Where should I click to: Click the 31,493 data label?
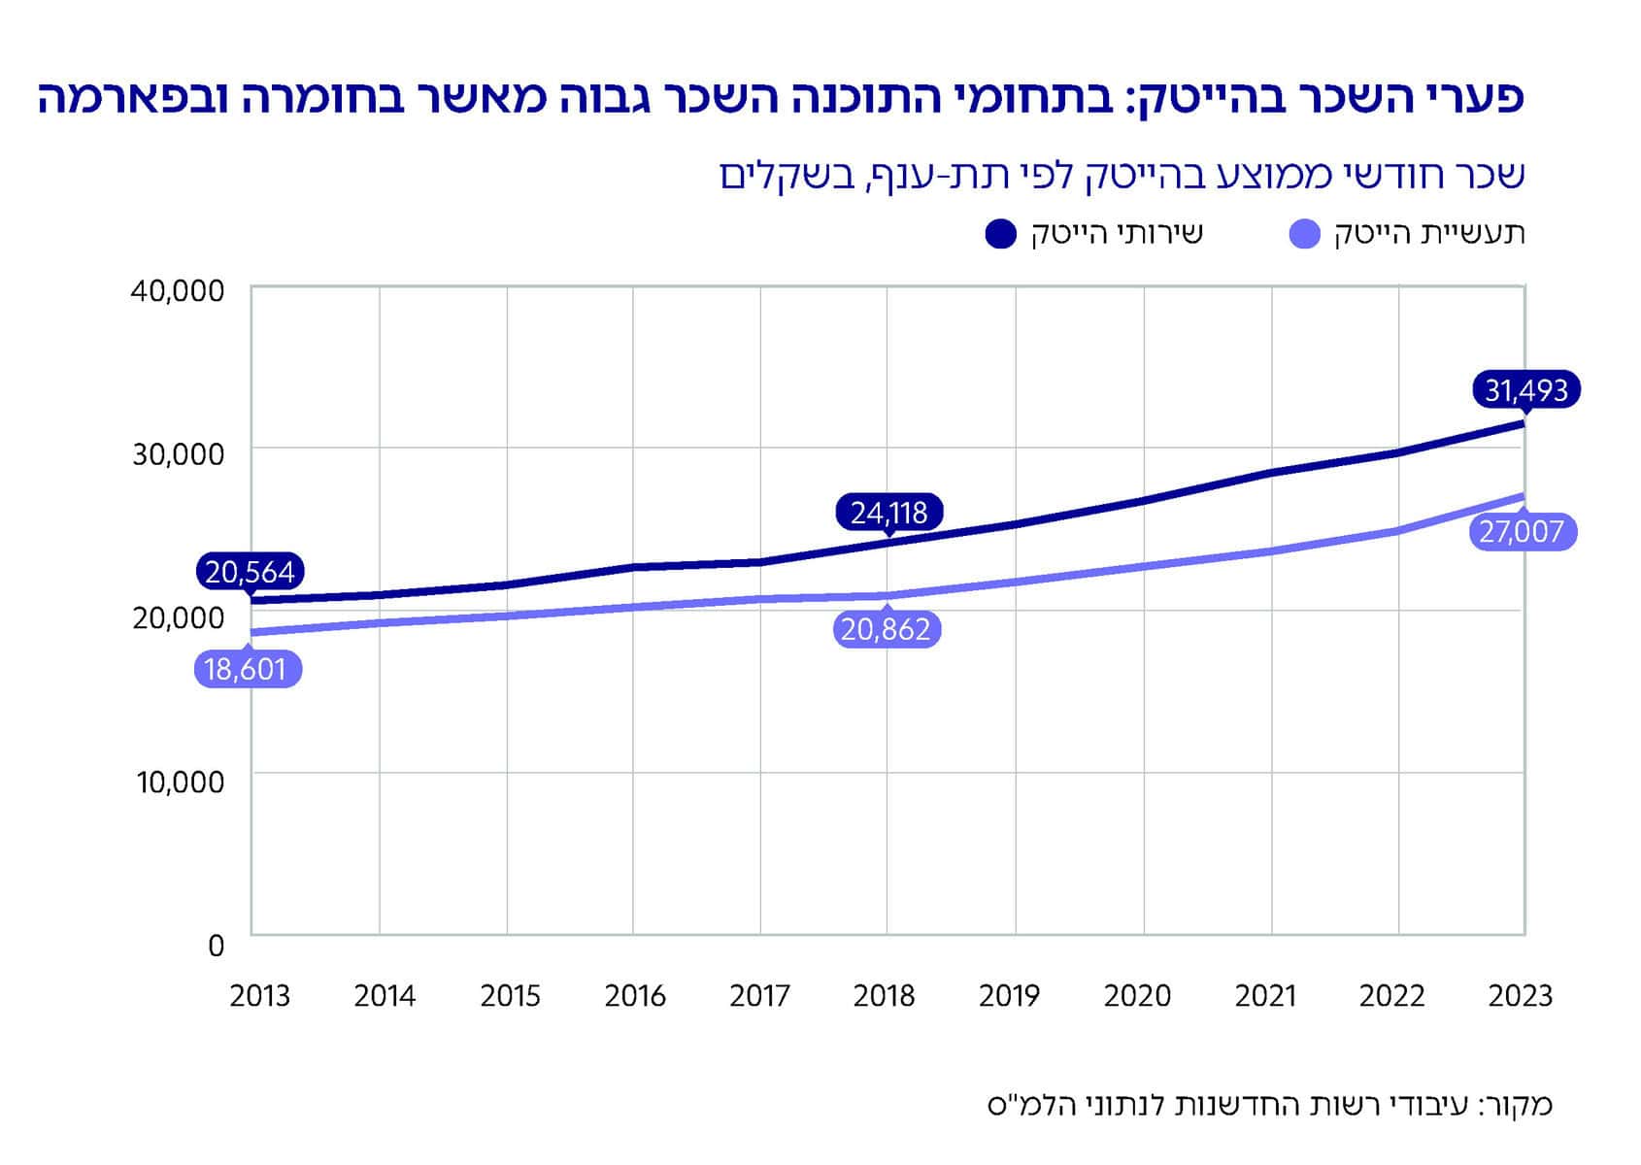[1525, 390]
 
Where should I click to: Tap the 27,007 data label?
[1522, 532]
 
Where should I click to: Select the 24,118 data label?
[888, 512]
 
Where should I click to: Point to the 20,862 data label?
[886, 629]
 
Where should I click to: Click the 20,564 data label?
[249, 572]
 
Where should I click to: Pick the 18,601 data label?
[247, 670]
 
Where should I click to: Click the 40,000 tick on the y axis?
[177, 290]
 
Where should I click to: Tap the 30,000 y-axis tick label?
[178, 453]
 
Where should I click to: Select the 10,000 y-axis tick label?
[180, 782]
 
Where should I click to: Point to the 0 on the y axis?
[216, 946]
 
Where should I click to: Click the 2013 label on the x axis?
[259, 996]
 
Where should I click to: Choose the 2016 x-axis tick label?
[635, 996]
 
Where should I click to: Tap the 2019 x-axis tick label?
[1009, 996]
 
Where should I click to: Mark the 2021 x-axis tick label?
[1265, 996]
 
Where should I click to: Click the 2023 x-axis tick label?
[1521, 996]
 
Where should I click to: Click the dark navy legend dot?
[1000, 234]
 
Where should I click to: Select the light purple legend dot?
[1305, 234]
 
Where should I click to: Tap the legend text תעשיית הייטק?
[1429, 234]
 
